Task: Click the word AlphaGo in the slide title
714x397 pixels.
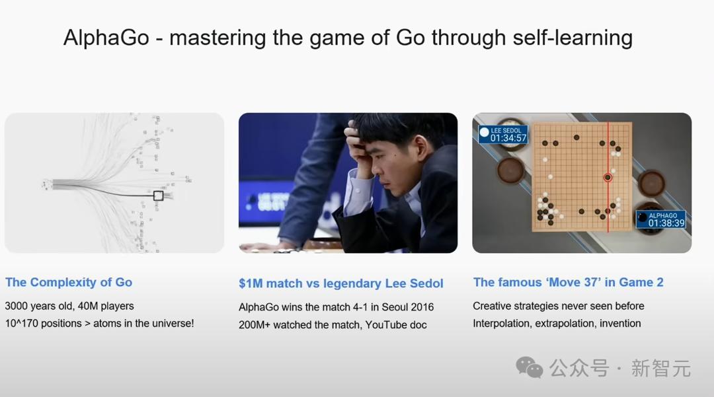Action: point(106,38)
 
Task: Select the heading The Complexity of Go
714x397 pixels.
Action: point(69,283)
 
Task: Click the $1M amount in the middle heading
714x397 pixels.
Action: point(251,283)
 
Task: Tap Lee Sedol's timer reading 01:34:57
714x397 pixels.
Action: point(508,138)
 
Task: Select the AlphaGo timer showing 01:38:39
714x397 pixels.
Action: point(666,223)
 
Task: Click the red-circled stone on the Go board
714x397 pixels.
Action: point(608,177)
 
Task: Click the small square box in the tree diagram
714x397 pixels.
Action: point(159,196)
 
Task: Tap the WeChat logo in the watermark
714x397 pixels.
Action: point(529,367)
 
